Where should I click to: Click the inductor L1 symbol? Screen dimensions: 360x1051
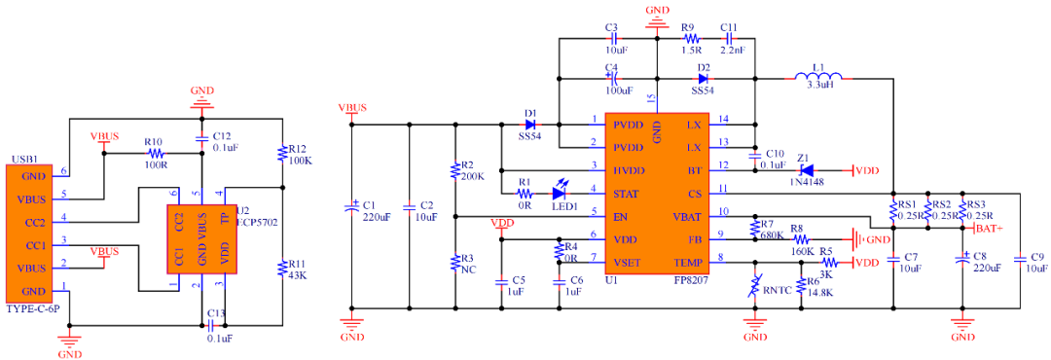click(820, 75)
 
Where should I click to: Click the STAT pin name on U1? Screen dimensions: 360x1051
click(626, 193)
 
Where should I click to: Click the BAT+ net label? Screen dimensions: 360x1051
click(992, 228)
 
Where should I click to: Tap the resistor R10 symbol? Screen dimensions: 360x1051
click(156, 153)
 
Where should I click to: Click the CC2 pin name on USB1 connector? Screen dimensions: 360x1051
click(33, 222)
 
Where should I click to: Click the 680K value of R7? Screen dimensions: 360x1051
click(774, 234)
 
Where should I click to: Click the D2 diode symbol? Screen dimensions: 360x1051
click(703, 75)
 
